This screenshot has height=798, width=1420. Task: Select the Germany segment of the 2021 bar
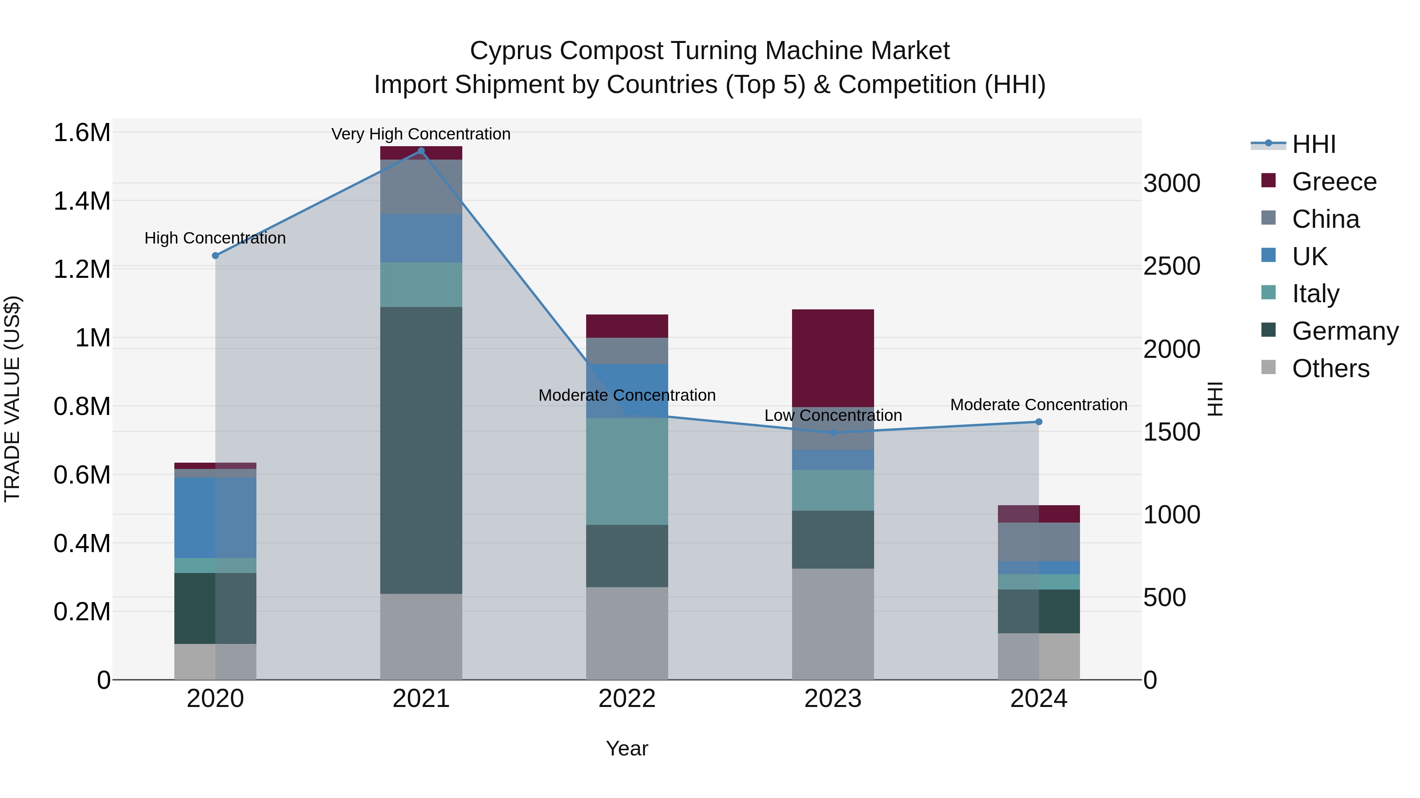coord(421,450)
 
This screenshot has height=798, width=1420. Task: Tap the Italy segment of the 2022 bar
coord(627,471)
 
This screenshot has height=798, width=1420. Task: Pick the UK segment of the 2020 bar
coord(215,518)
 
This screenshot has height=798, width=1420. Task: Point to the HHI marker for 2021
coord(421,151)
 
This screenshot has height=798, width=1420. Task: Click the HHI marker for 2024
coord(1039,422)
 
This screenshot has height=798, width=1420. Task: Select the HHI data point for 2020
coord(215,255)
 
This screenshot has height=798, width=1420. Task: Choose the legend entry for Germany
coord(1345,331)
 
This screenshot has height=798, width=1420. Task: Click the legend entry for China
coord(1325,219)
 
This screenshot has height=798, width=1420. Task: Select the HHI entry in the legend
coord(1313,144)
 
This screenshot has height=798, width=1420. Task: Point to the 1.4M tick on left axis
coord(82,201)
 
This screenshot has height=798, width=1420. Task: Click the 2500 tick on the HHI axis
coord(1171,266)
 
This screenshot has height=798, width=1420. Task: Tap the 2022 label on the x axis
coord(627,699)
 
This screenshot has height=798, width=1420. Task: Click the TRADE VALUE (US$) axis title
coord(12,399)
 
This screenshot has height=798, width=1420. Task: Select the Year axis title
coord(627,748)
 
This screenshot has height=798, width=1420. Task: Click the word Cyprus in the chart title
coord(510,51)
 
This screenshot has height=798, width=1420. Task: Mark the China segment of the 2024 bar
coord(1039,542)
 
